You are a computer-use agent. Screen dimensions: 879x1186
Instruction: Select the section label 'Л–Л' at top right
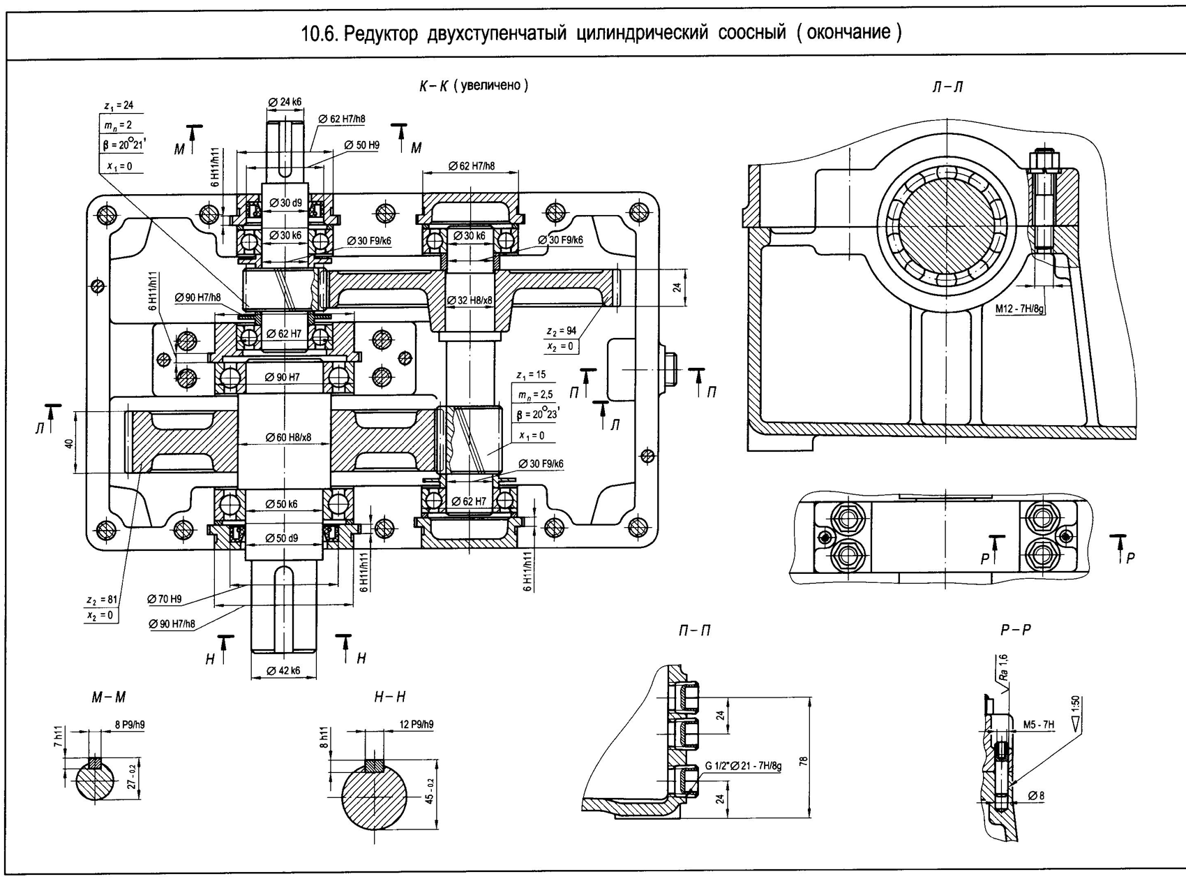point(947,87)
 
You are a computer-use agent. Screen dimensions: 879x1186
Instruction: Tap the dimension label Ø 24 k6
point(285,102)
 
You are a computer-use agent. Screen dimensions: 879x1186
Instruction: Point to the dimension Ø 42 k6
point(283,670)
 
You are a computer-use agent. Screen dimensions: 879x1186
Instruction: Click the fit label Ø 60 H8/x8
point(288,438)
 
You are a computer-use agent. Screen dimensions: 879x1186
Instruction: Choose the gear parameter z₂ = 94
point(561,331)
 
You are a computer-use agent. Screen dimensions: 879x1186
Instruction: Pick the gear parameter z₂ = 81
point(102,600)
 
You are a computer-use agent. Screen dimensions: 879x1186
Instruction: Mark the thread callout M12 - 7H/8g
point(1019,308)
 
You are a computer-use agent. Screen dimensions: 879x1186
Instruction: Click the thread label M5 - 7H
point(1039,725)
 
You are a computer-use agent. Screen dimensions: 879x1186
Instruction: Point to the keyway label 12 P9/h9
point(416,724)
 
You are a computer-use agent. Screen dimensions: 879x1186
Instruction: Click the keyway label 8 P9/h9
point(129,725)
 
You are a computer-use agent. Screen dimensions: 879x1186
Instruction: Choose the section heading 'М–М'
point(109,697)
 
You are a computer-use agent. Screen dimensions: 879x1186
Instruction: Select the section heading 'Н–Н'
point(389,697)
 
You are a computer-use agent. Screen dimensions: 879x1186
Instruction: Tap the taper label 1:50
point(1074,705)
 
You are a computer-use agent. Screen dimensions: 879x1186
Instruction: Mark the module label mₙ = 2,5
point(535,395)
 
